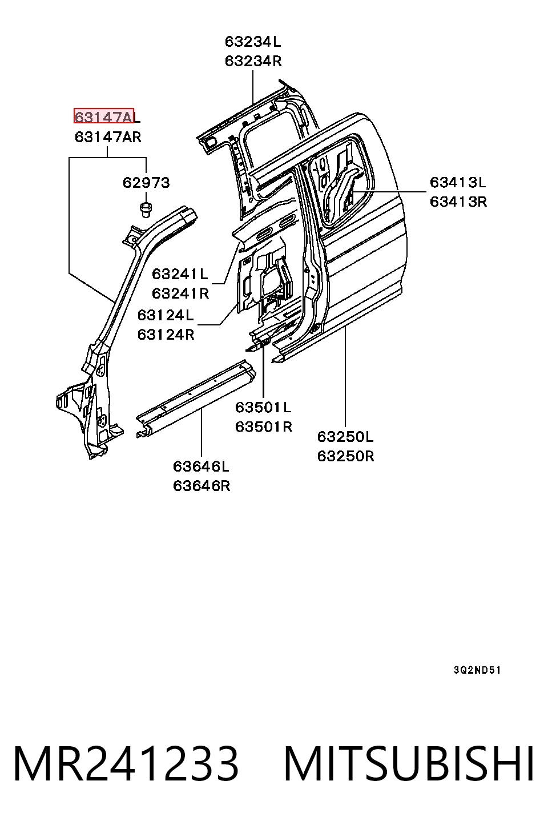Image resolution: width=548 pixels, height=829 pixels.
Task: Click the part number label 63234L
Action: (x=253, y=42)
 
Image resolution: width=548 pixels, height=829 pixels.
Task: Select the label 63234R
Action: (x=253, y=61)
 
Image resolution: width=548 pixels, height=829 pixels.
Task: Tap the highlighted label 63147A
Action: (x=103, y=116)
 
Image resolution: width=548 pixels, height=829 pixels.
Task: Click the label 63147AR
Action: (x=108, y=137)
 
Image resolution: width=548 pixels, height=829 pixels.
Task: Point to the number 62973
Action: (x=146, y=183)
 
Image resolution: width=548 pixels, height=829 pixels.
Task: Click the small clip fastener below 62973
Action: (x=147, y=210)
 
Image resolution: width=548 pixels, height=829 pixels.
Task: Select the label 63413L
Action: (x=458, y=183)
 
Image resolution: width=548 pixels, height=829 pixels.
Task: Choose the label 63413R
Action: (x=458, y=202)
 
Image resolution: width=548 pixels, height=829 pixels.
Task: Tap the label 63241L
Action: (x=180, y=274)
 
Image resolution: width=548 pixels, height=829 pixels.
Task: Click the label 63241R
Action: (x=180, y=293)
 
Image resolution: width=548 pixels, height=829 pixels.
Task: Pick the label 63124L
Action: (x=166, y=315)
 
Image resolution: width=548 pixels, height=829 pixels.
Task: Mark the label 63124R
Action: (x=166, y=335)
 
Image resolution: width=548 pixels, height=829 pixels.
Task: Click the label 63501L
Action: (x=263, y=408)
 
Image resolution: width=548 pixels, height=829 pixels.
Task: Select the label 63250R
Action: (x=345, y=456)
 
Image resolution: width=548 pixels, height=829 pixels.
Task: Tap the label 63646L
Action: (x=201, y=466)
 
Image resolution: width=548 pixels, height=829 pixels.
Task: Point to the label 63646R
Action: (x=202, y=485)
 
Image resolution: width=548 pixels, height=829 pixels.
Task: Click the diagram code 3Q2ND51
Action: (x=477, y=670)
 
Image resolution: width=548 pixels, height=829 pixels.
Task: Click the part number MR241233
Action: (x=126, y=764)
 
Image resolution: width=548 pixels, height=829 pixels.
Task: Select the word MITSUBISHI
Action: (x=409, y=764)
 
